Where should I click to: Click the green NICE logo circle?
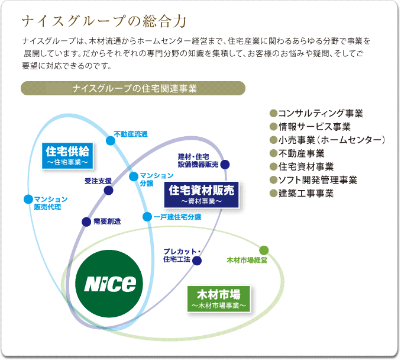[x=109, y=284]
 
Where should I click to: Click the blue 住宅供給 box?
[x=67, y=156]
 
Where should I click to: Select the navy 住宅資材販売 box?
[x=201, y=195]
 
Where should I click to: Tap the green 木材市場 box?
[x=219, y=299]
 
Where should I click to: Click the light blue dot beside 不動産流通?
[x=111, y=140]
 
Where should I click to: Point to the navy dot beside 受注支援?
[x=108, y=191]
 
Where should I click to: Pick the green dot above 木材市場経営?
[x=264, y=250]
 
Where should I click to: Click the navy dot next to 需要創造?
[x=86, y=221]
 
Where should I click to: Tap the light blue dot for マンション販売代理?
[x=28, y=199]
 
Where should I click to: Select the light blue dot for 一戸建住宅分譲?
[x=147, y=217]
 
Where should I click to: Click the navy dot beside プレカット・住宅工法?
[x=197, y=261]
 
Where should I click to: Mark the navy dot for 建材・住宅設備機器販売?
[x=225, y=165]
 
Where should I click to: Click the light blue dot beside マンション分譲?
[x=134, y=176]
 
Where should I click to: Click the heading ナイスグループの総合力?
[x=104, y=21]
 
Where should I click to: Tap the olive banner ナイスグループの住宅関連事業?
[x=133, y=88]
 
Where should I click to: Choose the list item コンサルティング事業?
[x=321, y=113]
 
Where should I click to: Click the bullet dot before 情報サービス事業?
[x=273, y=127]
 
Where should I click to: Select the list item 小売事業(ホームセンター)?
[x=332, y=140]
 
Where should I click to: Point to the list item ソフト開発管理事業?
[x=318, y=180]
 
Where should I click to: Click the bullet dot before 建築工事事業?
[x=273, y=193]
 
